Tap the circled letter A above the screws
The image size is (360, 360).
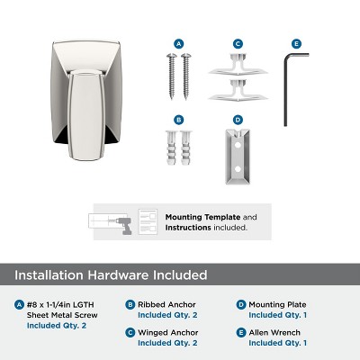(x=178, y=42)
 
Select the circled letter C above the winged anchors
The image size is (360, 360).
(x=238, y=42)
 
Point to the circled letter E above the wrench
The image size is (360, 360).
(x=295, y=42)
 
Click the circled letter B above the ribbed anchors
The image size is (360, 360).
(x=178, y=118)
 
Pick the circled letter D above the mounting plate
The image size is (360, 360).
(x=238, y=118)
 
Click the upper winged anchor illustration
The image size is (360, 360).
(x=238, y=65)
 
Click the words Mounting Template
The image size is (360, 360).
(x=197, y=217)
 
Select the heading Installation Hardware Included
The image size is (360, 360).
(x=112, y=274)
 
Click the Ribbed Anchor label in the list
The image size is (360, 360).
(x=160, y=304)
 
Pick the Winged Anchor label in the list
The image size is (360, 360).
(x=161, y=332)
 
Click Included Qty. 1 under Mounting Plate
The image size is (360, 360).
(x=278, y=315)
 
